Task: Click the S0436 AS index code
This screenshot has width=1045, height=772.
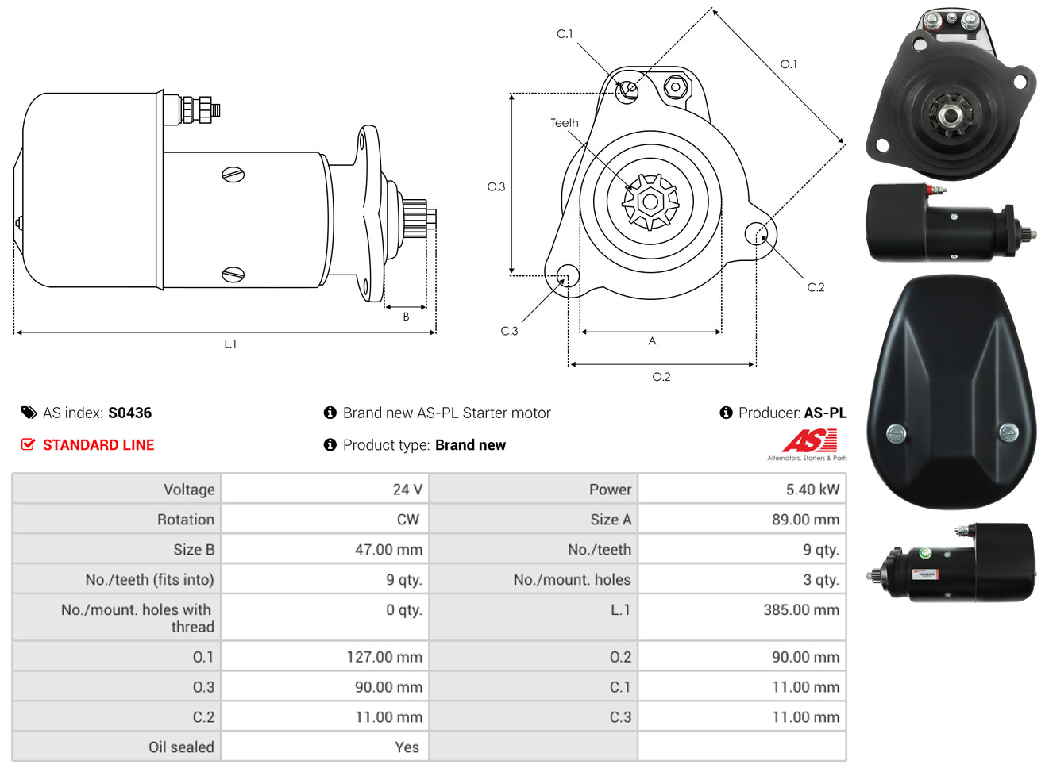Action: [x=129, y=413]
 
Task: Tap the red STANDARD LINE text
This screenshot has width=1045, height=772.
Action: [x=98, y=445]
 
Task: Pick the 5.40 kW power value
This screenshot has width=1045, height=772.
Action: [x=812, y=490]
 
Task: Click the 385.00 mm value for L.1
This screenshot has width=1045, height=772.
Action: [x=801, y=609]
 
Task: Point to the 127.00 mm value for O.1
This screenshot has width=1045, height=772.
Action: [x=384, y=657]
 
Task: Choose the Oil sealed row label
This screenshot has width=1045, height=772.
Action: [x=181, y=747]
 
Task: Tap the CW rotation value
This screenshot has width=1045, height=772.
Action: [x=407, y=519]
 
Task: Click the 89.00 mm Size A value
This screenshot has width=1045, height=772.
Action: [x=805, y=519]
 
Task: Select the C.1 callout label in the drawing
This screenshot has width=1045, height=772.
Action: [x=565, y=34]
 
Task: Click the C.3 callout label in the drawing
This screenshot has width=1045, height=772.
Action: [x=509, y=331]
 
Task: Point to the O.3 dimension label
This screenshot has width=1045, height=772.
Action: [x=496, y=187]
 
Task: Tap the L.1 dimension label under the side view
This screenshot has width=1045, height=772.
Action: [x=230, y=344]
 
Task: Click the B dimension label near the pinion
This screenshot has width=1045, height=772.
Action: [x=406, y=317]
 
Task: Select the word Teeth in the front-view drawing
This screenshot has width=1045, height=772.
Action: [x=565, y=123]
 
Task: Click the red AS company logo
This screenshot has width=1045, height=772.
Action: [x=809, y=440]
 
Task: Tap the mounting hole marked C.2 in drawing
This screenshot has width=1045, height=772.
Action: [x=756, y=233]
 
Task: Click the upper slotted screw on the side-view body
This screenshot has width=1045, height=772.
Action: [x=233, y=175]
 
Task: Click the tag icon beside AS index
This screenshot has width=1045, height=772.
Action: [x=29, y=413]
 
